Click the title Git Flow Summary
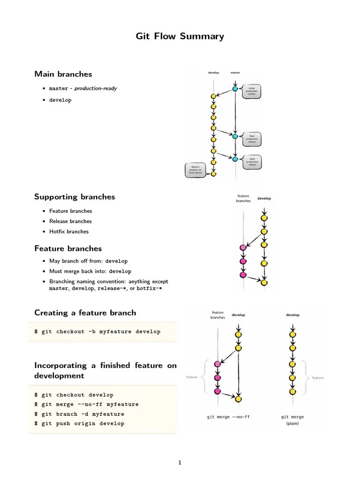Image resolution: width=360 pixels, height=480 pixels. click(180, 36)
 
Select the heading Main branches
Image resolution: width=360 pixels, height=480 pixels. click(63, 74)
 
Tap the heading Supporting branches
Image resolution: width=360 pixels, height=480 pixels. click(75, 196)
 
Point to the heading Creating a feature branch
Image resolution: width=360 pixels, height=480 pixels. click(85, 313)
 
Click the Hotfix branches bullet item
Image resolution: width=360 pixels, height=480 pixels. click(69, 232)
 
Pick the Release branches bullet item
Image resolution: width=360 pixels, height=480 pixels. click(70, 221)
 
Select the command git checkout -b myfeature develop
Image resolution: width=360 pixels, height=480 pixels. click(97, 332)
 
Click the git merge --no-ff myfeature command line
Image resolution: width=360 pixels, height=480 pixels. click(86, 405)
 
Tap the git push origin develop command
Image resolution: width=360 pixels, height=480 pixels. click(79, 424)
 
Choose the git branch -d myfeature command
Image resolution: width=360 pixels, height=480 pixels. click(79, 414)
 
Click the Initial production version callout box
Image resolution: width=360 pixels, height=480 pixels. click(252, 91)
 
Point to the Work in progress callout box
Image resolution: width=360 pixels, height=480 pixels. click(195, 170)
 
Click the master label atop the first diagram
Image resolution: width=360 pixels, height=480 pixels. click(235, 73)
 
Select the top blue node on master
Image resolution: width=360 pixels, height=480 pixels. click(235, 88)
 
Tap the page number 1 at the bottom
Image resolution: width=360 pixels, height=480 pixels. click(180, 463)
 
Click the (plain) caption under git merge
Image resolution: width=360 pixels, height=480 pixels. click(292, 423)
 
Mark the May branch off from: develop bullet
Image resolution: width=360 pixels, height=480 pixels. click(88, 261)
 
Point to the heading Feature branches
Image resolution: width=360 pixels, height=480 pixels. click(68, 248)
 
